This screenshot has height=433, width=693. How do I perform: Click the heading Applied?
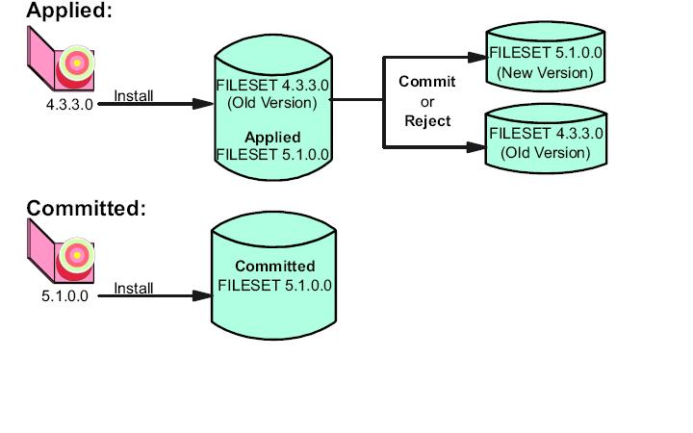[68, 12]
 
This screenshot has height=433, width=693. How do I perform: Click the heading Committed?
[86, 208]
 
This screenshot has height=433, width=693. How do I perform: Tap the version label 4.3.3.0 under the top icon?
[69, 104]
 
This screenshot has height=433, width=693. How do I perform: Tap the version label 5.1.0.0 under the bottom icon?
[64, 295]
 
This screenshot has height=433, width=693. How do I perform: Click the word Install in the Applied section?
[134, 95]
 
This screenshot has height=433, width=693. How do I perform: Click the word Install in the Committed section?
[134, 288]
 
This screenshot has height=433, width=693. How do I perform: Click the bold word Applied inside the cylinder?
[272, 137]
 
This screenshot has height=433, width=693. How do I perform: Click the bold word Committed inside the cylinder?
[274, 266]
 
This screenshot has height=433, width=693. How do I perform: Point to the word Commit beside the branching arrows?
[427, 82]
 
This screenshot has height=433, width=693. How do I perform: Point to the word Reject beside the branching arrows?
[427, 121]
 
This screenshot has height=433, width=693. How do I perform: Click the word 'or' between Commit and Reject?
[427, 102]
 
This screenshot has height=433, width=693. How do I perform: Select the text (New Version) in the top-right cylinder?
[545, 72]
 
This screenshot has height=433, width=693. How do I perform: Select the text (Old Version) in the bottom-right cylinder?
[545, 152]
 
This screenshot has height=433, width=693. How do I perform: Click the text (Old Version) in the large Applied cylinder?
[272, 102]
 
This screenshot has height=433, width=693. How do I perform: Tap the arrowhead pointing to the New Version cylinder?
[478, 57]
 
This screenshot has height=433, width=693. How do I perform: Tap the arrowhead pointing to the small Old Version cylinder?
[478, 147]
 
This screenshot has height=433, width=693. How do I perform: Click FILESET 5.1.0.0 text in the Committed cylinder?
[274, 285]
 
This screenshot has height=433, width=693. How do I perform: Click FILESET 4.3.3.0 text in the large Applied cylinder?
[272, 86]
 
